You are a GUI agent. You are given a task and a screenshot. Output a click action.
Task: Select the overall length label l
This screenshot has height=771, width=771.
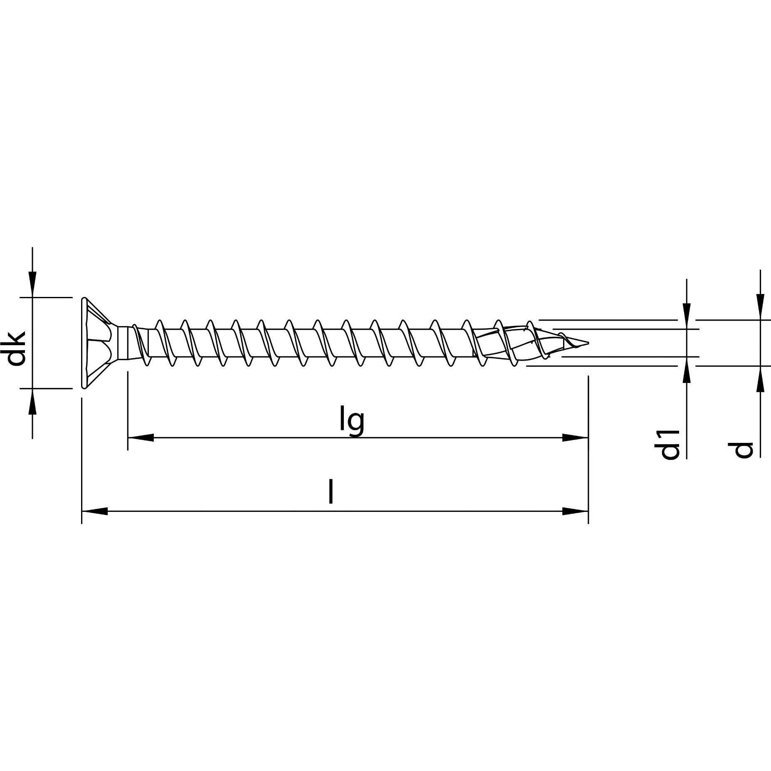pyautogui.click(x=331, y=491)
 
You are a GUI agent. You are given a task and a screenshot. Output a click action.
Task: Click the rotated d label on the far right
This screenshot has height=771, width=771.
pyautogui.click(x=743, y=450)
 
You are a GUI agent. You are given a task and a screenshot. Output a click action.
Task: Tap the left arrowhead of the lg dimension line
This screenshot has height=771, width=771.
pyautogui.click(x=141, y=437)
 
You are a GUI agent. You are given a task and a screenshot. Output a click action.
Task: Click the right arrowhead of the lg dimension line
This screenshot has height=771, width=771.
pyautogui.click(x=575, y=437)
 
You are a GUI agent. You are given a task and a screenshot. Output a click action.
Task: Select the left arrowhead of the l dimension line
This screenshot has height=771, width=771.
pyautogui.click(x=94, y=511)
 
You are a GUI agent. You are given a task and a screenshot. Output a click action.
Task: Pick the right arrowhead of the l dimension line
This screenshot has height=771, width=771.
pyautogui.click(x=575, y=511)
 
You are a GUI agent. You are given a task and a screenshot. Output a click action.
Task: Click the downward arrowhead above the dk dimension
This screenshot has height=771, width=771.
pyautogui.click(x=32, y=284)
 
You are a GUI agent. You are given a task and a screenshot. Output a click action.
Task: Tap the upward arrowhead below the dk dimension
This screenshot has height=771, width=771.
pyautogui.click(x=32, y=402)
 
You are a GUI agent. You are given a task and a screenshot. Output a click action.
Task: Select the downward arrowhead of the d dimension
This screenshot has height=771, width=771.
pyautogui.click(x=760, y=307)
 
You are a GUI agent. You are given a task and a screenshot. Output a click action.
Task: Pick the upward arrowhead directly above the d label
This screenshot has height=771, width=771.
pyautogui.click(x=760, y=379)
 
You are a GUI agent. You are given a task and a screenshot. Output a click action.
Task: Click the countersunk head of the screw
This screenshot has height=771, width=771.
pyautogui.click(x=100, y=343)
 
